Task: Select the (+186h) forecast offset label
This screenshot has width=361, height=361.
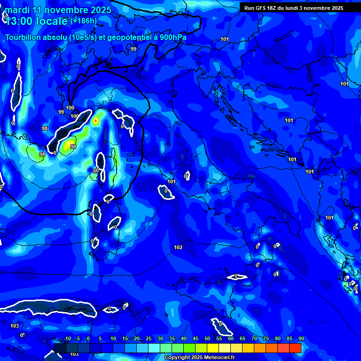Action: [x=84, y=21]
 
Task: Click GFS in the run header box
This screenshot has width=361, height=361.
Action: [x=262, y=8]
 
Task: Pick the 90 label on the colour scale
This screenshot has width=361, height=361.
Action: [x=301, y=339]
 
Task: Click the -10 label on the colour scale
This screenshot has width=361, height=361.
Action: [x=67, y=339]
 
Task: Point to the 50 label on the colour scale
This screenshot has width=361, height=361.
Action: [x=207, y=339]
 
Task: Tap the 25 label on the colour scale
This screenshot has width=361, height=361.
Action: [x=149, y=339]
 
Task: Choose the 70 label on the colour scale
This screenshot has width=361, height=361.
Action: [x=254, y=339]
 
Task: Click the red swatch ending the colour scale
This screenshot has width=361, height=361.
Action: [x=295, y=348]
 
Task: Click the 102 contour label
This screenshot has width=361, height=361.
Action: [x=178, y=247]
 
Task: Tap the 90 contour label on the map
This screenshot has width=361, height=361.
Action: [x=96, y=171]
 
